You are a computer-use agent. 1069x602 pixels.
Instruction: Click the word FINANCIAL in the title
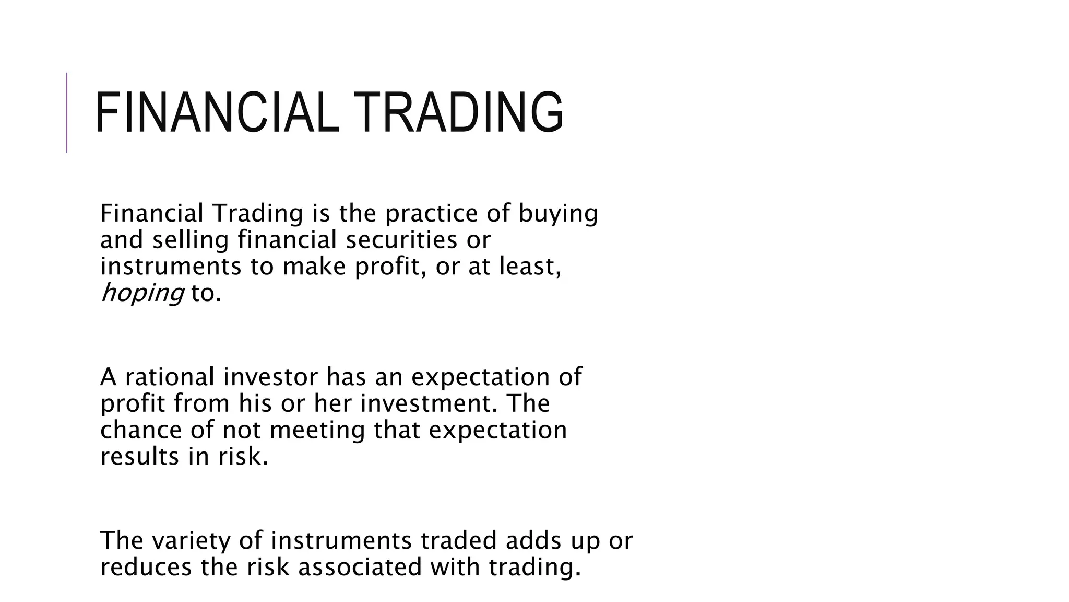(214, 112)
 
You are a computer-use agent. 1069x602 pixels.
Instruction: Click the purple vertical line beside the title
(67, 112)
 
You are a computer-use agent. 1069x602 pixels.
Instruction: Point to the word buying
(558, 214)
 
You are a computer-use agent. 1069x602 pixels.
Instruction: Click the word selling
(191, 240)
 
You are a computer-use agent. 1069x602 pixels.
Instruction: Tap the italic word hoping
(142, 293)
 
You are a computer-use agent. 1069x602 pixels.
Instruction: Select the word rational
(170, 377)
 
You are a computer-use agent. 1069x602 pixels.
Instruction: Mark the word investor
(270, 377)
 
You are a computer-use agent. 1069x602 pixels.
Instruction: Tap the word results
(139, 457)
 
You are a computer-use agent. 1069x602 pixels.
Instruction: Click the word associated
(360, 568)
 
